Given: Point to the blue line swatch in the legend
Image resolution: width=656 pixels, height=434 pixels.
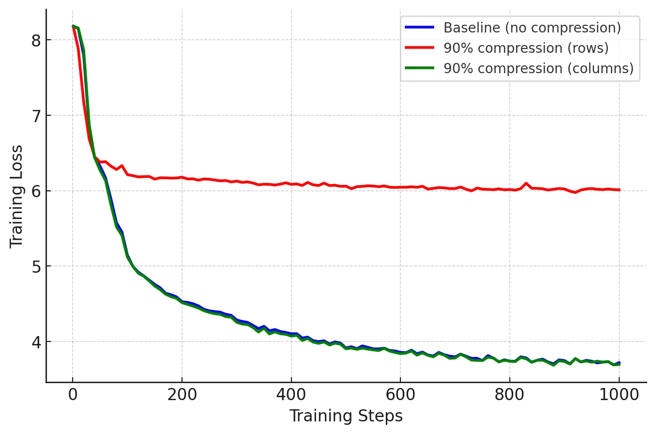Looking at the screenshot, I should (420, 28).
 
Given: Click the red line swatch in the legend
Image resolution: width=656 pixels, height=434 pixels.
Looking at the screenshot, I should (420, 48).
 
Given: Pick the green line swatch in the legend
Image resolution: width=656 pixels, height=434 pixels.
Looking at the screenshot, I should (420, 68).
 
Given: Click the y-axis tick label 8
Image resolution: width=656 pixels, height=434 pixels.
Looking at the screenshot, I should (36, 40).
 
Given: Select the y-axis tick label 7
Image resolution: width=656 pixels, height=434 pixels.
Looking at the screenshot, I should (36, 116).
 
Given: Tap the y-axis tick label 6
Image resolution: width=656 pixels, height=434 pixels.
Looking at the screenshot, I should (36, 191).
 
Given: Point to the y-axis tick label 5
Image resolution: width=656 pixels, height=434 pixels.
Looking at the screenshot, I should (36, 266).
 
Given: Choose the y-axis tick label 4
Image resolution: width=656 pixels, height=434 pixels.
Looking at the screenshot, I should (36, 342).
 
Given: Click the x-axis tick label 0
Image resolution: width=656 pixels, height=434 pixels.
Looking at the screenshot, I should (73, 395).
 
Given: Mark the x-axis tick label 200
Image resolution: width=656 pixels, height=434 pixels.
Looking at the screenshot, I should (182, 395).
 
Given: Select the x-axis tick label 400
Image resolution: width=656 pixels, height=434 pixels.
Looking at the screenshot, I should (291, 395).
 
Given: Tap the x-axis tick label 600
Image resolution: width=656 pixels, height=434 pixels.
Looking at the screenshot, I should (400, 395).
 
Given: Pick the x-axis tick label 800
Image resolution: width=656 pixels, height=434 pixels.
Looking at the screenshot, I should (510, 395).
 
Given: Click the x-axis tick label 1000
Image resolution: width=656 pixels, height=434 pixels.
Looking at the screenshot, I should (619, 395).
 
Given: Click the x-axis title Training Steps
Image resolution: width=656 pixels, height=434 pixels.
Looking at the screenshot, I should (346, 416).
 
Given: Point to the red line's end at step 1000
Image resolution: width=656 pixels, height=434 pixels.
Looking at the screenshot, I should (619, 190).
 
